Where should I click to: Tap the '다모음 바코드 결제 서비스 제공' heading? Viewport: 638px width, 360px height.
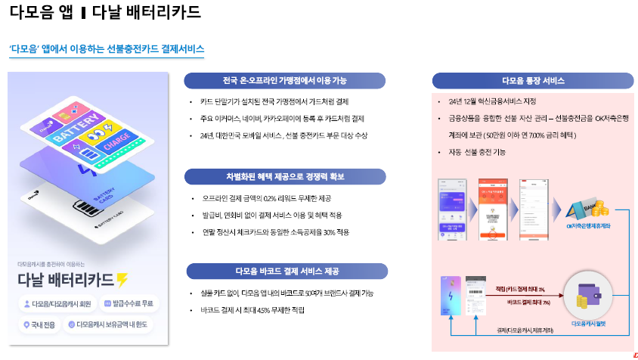pyautogui.click(x=286, y=271)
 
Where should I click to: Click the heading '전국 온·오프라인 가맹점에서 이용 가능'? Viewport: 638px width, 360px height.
pyautogui.click(x=285, y=80)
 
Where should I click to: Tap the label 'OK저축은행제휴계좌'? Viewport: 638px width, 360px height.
pyautogui.click(x=590, y=226)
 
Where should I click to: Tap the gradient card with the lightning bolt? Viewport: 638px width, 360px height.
pyautogui.click(x=452, y=299)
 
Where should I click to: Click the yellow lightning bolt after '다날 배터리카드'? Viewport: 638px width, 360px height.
pyautogui.click(x=122, y=280)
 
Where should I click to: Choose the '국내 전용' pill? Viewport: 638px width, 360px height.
pyautogui.click(x=39, y=324)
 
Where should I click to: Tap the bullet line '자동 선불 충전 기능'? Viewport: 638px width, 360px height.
pyautogui.click(x=477, y=152)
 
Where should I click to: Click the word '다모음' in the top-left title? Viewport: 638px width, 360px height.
pyautogui.click(x=26, y=13)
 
